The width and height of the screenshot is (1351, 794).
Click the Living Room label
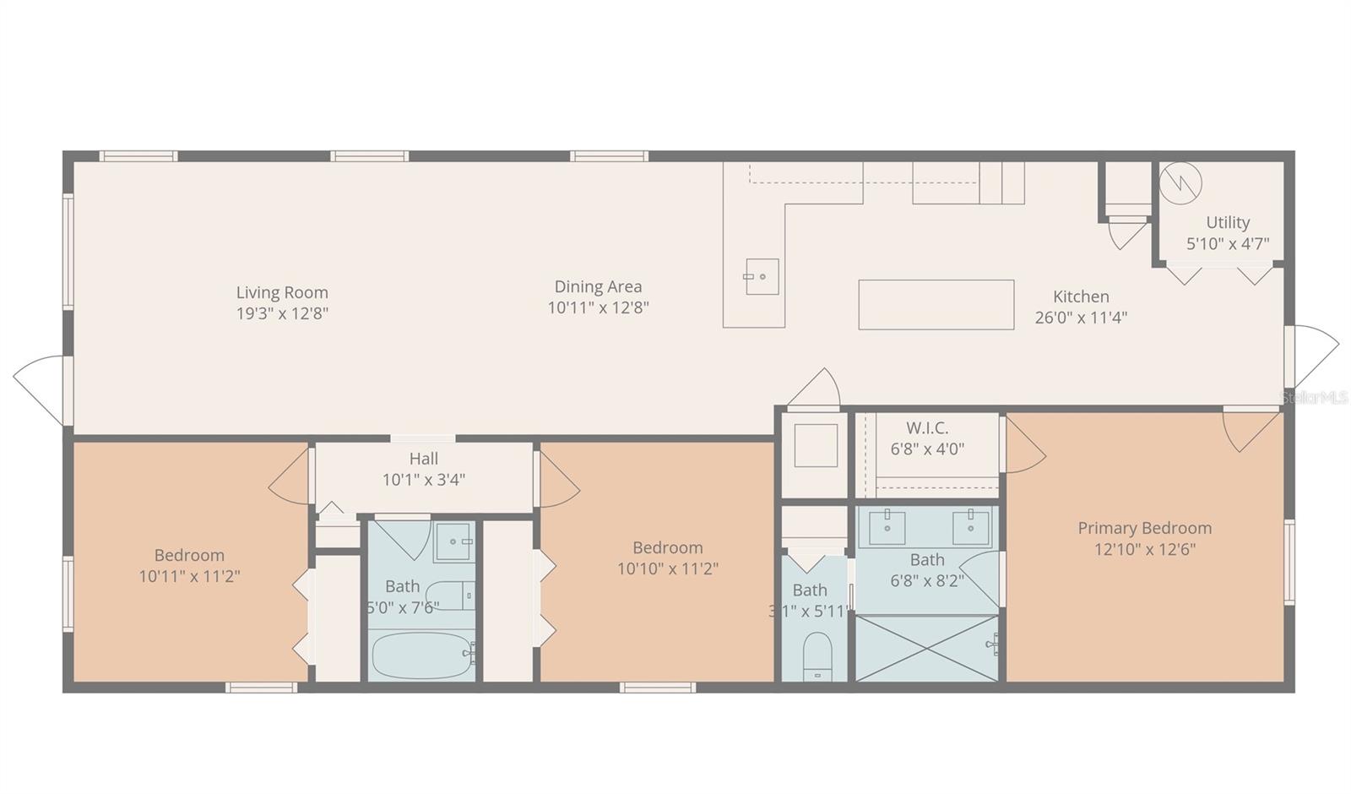click(x=282, y=292)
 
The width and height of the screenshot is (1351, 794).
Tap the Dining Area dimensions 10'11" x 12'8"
click(x=599, y=307)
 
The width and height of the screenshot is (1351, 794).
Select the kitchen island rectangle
click(x=936, y=305)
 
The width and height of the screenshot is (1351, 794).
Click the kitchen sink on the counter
click(x=762, y=277)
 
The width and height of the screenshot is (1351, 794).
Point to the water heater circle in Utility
click(x=1180, y=182)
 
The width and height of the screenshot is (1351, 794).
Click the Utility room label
click(x=1228, y=223)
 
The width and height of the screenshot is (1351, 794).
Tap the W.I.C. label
click(x=927, y=428)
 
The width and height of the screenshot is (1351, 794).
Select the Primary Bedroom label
click(x=1145, y=528)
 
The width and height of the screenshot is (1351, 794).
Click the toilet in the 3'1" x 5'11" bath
click(x=818, y=656)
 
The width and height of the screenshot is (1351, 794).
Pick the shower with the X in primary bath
click(x=927, y=649)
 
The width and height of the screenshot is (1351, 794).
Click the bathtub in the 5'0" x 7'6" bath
click(x=421, y=655)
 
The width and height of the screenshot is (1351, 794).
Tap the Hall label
click(x=423, y=459)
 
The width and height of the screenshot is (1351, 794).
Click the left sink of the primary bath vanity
click(x=887, y=528)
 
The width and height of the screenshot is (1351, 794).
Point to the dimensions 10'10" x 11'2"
click(x=668, y=569)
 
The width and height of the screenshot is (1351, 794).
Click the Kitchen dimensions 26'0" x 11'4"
click(x=1081, y=318)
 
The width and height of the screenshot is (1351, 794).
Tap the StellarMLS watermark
click(x=1315, y=398)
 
